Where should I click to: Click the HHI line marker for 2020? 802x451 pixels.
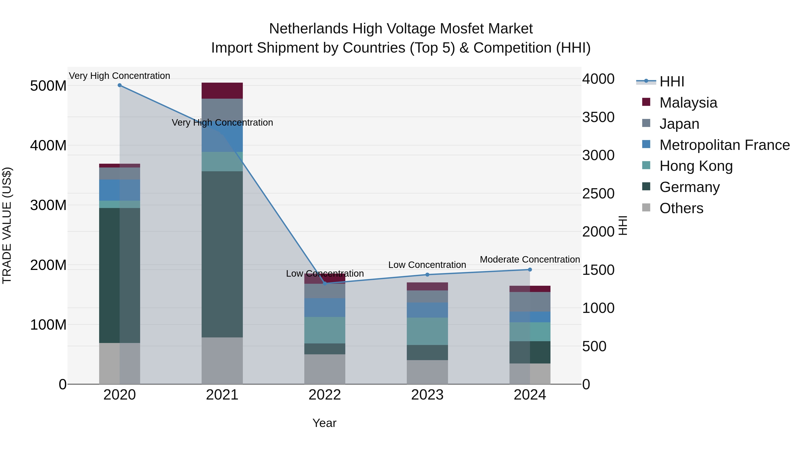pos(120,85)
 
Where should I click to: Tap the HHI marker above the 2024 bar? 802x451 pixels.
pos(530,269)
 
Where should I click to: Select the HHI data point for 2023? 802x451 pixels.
pos(427,275)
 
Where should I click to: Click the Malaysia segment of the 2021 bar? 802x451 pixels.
pos(222,91)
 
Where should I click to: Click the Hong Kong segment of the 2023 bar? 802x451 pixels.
pos(427,331)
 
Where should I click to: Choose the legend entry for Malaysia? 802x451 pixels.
pos(688,103)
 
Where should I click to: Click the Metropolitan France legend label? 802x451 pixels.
pos(724,145)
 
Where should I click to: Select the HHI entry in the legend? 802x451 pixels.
pos(671,82)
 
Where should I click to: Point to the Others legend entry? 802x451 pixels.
pos(681,208)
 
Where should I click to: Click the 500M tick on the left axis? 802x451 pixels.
pos(48,86)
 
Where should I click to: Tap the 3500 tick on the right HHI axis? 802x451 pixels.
pos(598,117)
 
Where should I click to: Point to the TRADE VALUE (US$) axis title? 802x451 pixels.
pos(7,225)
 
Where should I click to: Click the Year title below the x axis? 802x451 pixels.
pos(324,423)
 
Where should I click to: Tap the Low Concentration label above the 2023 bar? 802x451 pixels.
pos(427,265)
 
